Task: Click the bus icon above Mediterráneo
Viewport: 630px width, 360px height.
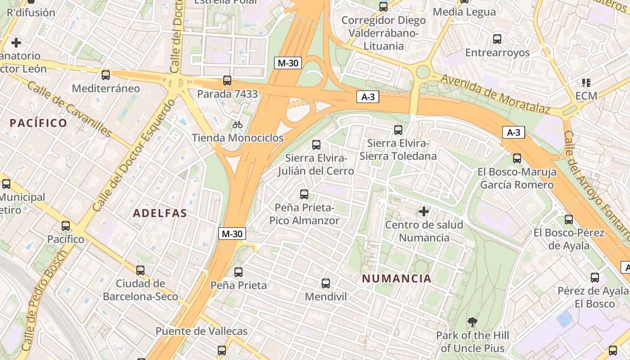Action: coord(106,75)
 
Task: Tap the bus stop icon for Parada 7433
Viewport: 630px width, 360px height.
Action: coord(227,81)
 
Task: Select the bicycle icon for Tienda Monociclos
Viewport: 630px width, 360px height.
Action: coord(238,125)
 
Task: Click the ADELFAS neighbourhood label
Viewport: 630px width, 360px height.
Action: coord(160,213)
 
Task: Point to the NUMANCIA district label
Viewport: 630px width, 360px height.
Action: coord(396,279)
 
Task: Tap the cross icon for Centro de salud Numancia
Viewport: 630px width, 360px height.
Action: coord(423,211)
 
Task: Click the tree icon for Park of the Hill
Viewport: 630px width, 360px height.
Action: coord(472,322)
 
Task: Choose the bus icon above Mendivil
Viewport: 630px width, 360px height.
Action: coord(326,283)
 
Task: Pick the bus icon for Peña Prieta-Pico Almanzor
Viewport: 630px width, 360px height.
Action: coord(304,194)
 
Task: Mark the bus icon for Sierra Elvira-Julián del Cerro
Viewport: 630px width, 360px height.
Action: coord(316,145)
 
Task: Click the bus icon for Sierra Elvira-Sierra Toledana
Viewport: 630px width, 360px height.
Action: coord(398,130)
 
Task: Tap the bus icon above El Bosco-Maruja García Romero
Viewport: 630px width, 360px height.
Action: coord(517,158)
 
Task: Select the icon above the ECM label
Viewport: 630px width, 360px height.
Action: coord(586,83)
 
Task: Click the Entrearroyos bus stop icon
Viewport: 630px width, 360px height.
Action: coord(497,39)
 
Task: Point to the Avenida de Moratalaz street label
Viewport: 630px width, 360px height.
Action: coord(495,94)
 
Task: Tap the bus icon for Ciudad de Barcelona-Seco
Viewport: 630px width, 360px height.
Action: coord(140,270)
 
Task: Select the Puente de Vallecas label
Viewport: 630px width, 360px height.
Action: coord(201,331)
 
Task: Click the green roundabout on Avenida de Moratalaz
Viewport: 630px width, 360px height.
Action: coord(423,72)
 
